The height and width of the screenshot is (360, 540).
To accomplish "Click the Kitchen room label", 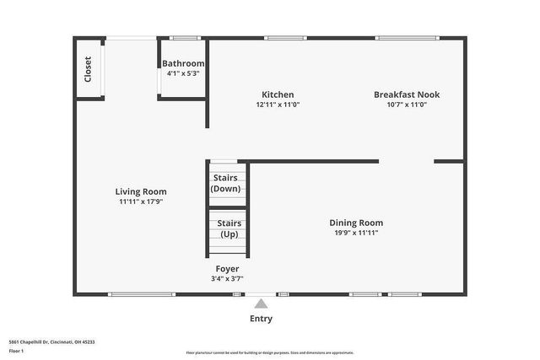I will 278,94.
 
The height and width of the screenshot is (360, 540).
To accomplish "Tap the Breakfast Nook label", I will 407,94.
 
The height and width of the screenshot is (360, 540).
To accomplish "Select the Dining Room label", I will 355,223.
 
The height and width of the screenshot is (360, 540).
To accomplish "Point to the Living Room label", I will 141,191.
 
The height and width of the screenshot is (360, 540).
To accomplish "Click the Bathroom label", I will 183,63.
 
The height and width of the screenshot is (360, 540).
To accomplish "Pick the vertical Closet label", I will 88,68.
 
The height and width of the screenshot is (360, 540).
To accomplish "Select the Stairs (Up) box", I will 229,228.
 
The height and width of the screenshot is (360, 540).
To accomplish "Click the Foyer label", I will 227,268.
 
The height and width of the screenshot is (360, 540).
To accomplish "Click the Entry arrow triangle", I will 262,304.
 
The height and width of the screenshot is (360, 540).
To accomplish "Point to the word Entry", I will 262,319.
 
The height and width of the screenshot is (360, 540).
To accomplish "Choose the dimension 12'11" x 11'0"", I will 278,105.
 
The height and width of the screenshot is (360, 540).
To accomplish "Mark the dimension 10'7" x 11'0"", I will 407,105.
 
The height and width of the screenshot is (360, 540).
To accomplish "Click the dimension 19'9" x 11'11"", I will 355,233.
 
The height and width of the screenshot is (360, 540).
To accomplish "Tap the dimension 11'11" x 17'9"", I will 141,201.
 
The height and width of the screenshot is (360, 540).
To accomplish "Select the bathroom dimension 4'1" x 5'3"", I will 183,73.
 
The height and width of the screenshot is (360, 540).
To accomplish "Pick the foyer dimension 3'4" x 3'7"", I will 227,278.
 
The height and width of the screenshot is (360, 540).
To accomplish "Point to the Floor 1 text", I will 16,350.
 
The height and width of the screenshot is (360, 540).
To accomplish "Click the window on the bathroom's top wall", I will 185,38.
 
